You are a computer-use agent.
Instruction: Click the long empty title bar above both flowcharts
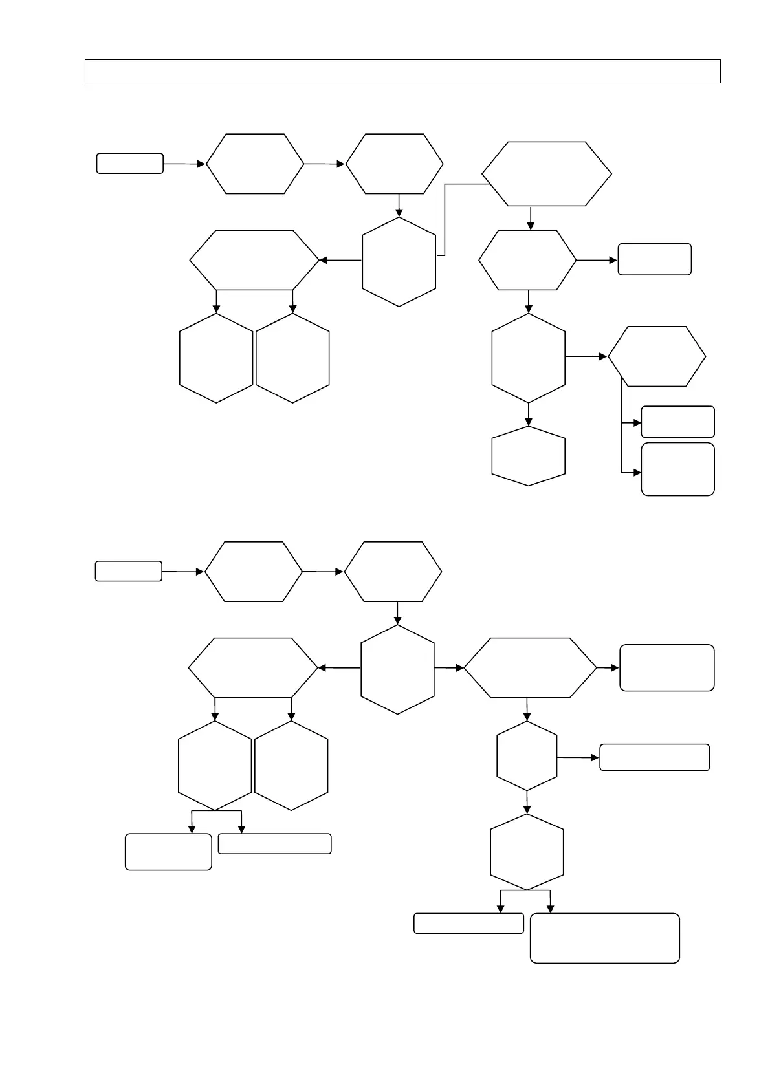(x=402, y=71)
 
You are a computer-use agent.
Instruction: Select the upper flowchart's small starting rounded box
(x=129, y=164)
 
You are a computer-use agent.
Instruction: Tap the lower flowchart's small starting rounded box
(x=128, y=571)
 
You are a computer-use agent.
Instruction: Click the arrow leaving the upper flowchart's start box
(x=184, y=164)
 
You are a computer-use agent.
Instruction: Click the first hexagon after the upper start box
(x=255, y=164)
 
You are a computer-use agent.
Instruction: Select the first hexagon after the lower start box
(x=254, y=572)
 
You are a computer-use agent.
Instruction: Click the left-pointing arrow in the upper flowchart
(x=340, y=261)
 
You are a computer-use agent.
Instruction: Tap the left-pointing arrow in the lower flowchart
(x=339, y=668)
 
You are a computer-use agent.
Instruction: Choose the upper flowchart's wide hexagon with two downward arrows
(x=255, y=260)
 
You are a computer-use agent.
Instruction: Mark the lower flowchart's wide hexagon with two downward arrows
(x=253, y=667)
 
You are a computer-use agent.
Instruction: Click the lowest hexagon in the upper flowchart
(x=528, y=456)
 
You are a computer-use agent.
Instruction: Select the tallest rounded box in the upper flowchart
(x=677, y=469)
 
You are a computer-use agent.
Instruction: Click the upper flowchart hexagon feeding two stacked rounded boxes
(x=657, y=356)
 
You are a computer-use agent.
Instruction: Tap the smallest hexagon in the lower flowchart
(x=527, y=756)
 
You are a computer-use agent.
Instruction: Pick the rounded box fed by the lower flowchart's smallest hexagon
(x=654, y=757)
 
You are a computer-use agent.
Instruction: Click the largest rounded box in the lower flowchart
(x=604, y=938)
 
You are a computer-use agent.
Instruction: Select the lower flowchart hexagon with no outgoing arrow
(x=291, y=766)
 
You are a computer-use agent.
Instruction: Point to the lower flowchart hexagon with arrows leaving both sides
(x=397, y=669)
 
